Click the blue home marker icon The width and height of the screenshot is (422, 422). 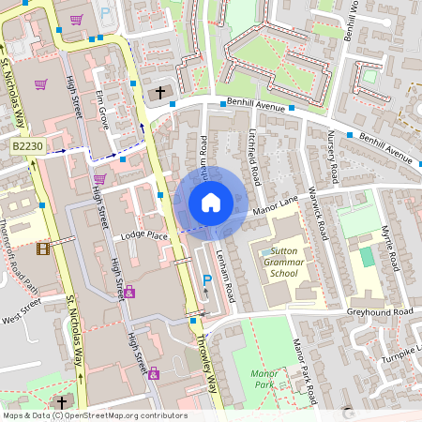tap(211, 202)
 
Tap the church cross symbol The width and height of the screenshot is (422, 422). tap(160, 92)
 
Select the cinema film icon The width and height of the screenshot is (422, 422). tap(43, 249)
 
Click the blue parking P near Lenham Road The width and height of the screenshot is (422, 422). tap(207, 279)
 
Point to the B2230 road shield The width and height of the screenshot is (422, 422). tap(26, 147)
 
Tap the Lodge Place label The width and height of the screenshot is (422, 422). tap(143, 235)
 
